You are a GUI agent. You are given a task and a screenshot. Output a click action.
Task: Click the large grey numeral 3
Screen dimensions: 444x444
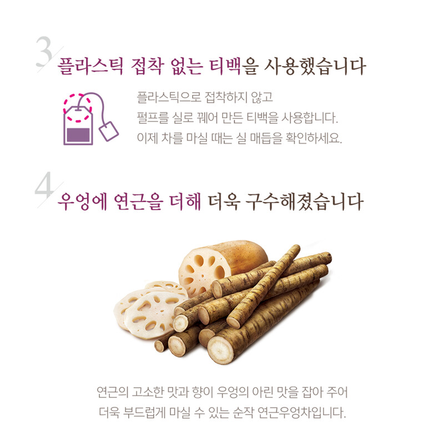coord(44,52)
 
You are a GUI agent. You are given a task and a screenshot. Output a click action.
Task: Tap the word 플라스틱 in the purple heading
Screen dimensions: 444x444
coord(90,66)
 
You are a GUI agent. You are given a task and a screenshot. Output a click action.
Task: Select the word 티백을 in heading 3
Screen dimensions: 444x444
coord(234,66)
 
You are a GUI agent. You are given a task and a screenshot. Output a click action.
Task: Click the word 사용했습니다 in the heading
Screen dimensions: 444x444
coord(315,66)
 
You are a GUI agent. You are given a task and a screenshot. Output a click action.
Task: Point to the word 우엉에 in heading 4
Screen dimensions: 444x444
coord(82,201)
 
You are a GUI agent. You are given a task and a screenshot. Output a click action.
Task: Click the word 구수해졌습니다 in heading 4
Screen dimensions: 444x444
coord(304,201)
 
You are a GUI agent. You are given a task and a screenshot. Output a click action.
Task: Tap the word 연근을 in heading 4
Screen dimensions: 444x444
coord(138,201)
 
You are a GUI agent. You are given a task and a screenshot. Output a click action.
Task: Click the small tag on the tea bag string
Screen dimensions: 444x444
coord(109,131)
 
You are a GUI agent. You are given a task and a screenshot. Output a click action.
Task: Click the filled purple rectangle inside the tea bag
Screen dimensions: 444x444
coord(78,135)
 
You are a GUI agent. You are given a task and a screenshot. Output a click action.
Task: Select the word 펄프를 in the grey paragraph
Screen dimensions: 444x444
coord(153,118)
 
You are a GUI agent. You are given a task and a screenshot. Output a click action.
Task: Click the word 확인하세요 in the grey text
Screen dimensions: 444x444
coord(314,138)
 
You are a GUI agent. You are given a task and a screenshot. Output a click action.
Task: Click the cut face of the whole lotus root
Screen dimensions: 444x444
coord(201,271)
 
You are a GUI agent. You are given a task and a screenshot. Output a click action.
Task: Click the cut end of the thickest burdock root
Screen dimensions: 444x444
coord(220,350)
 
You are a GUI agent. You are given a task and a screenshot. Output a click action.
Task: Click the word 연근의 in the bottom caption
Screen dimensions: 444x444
coord(113,392)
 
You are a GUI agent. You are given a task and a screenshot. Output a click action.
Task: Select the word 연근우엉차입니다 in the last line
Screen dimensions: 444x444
coord(301,413)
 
